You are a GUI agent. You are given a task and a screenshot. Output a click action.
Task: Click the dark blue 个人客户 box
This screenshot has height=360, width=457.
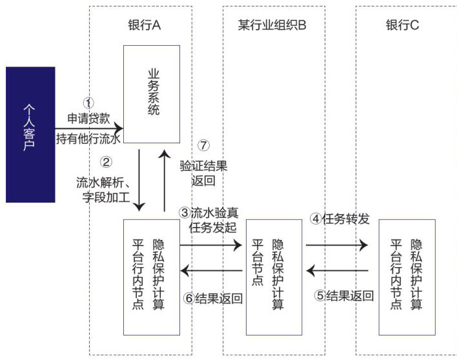click(30, 134)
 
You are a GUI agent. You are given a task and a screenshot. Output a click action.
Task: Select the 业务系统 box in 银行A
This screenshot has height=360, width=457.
click(152, 94)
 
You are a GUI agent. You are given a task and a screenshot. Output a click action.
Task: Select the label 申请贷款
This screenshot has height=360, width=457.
click(89, 119)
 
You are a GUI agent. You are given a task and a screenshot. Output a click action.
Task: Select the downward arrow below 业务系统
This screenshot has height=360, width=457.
click(140, 181)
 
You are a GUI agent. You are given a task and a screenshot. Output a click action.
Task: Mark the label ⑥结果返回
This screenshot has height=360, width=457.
click(212, 298)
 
